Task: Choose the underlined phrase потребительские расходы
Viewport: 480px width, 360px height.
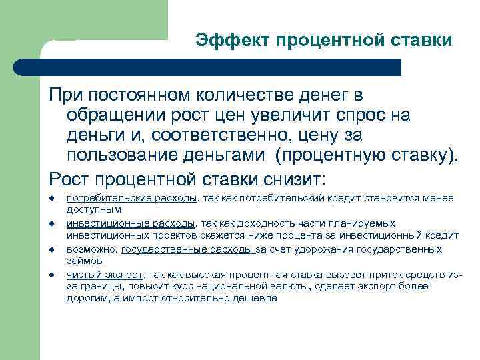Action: point(132,198)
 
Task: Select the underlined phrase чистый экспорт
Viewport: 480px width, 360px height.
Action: point(106,274)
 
